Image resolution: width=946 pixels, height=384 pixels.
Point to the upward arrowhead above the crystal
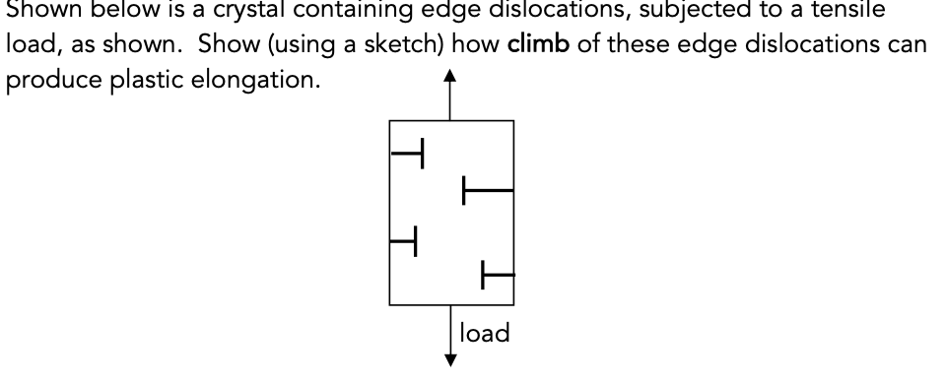tap(451, 78)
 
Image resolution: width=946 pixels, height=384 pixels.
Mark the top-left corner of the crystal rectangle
tap(390, 121)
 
